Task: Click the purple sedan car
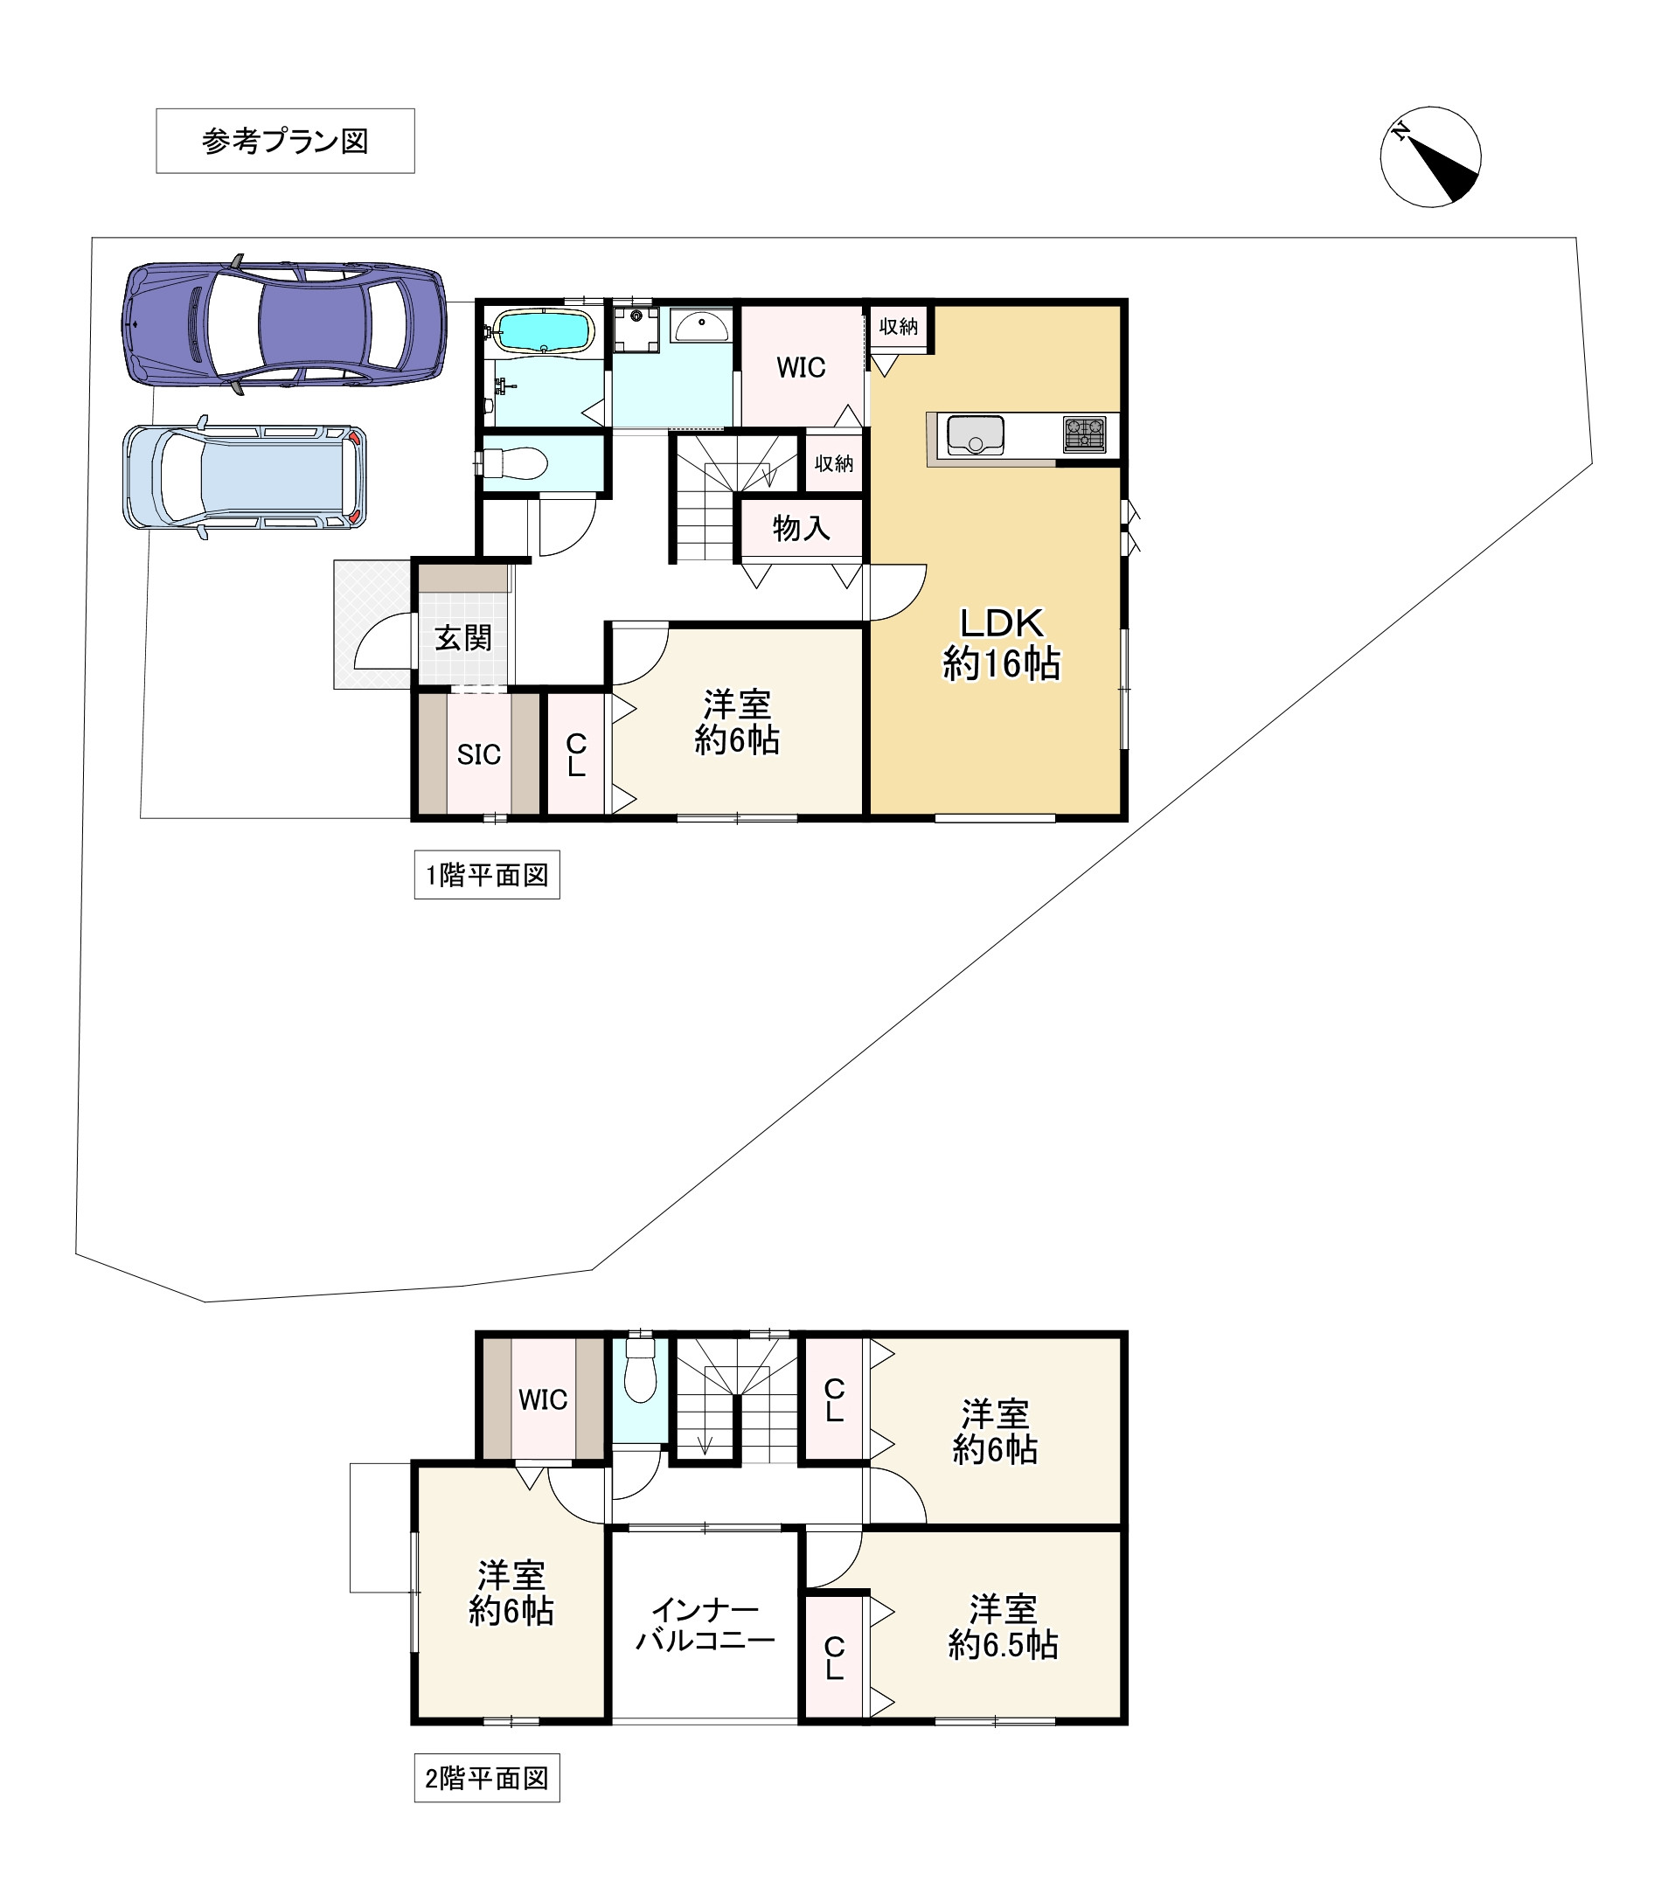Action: (284, 324)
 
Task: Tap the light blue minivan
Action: (245, 476)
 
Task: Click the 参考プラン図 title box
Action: (285, 142)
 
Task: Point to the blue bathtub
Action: (543, 330)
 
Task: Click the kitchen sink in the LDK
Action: (976, 435)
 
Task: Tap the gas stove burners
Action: (1084, 434)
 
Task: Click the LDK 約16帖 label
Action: (1002, 644)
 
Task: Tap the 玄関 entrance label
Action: (463, 638)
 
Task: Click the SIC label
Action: (478, 754)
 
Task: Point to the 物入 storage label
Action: (802, 528)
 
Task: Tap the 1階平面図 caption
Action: (487, 875)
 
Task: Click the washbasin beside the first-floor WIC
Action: (701, 326)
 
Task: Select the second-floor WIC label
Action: (543, 1399)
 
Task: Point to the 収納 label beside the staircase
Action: (834, 463)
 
